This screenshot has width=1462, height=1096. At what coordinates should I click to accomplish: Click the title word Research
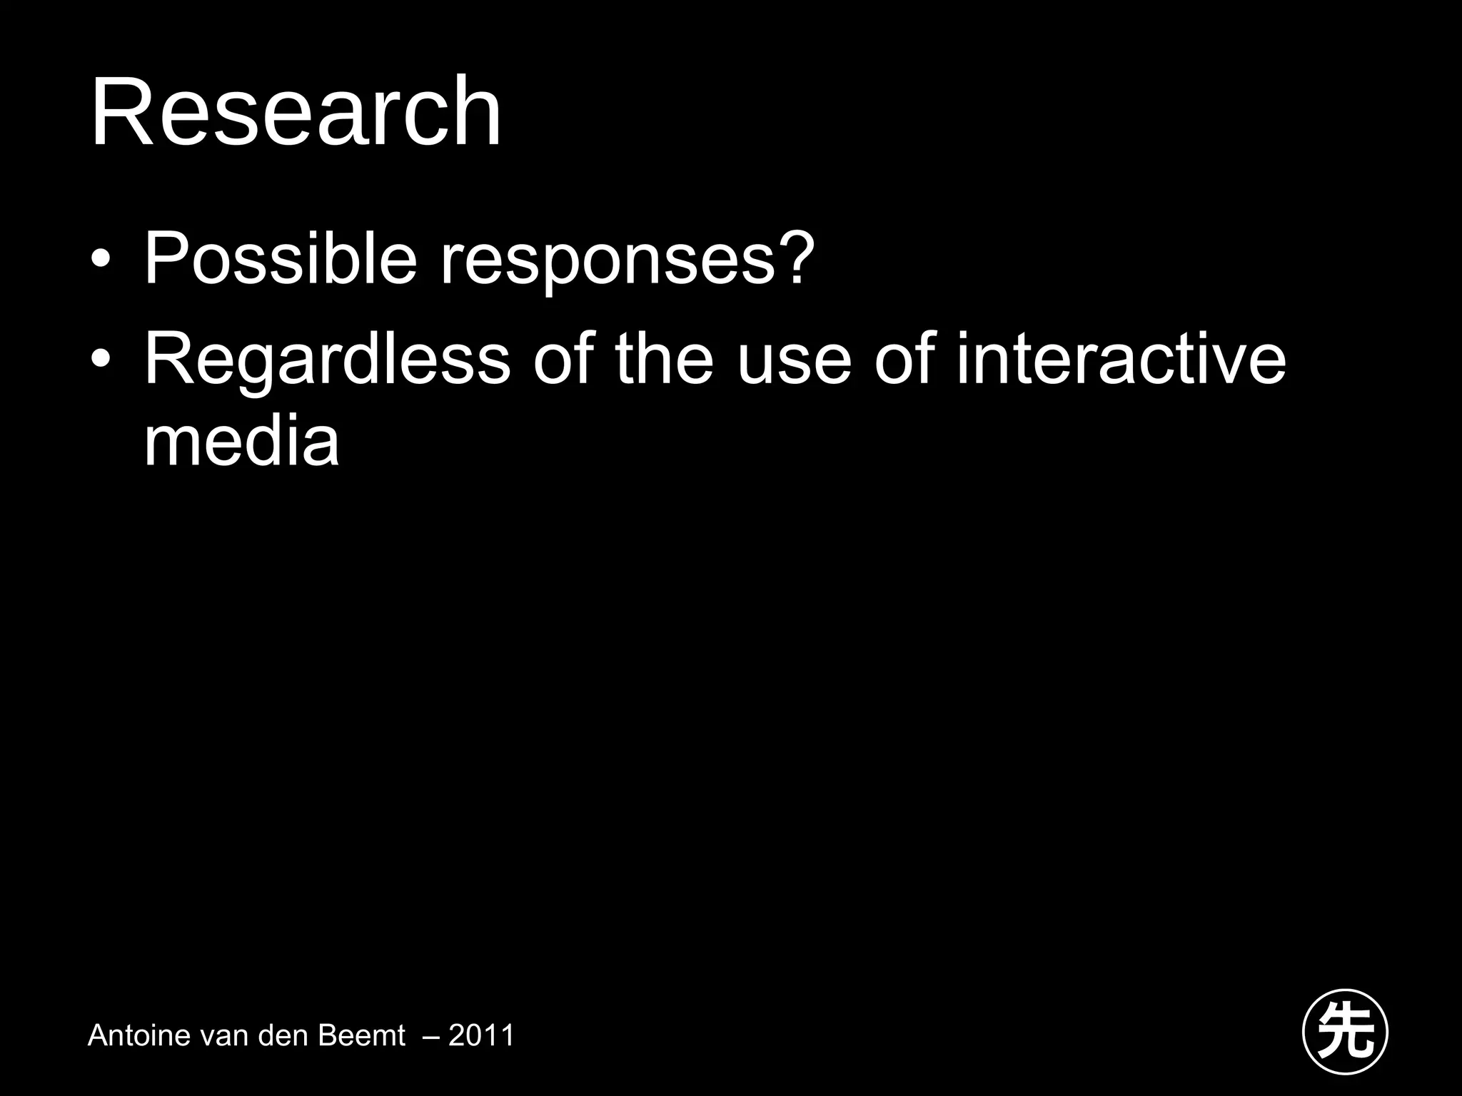296,112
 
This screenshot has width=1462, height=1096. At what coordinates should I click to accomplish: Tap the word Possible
280,258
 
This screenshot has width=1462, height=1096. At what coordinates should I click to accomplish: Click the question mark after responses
795,257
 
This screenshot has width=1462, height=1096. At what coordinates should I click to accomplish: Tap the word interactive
1121,358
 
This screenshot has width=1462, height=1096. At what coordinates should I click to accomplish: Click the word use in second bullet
794,364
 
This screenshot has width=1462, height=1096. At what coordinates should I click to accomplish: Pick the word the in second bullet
664,358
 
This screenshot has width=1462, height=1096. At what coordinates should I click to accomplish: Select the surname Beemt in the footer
361,1035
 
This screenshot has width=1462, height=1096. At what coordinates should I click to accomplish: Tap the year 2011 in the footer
481,1035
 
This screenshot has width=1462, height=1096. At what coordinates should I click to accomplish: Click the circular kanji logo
1345,1032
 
